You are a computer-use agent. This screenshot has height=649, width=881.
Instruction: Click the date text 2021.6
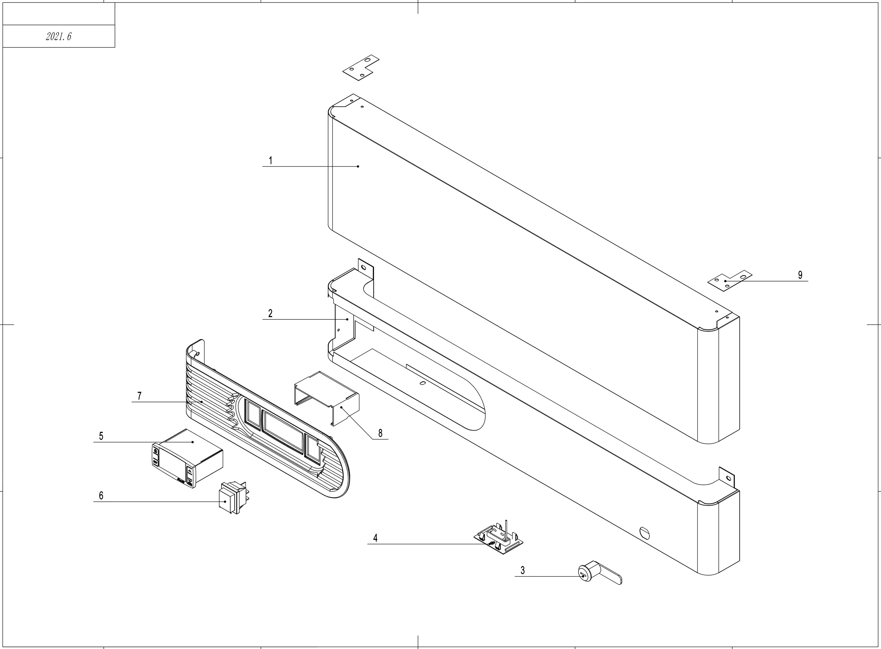click(58, 37)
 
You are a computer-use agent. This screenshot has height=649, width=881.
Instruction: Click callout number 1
click(270, 160)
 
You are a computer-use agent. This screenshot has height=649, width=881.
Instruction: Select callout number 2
click(270, 313)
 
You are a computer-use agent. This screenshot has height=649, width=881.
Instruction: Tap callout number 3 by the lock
click(522, 570)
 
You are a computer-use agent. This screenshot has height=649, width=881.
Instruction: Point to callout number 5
click(101, 436)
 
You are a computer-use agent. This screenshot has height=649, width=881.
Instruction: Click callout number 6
click(101, 496)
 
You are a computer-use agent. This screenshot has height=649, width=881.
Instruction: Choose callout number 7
click(139, 396)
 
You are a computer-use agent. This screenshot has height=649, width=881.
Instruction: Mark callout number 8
click(380, 433)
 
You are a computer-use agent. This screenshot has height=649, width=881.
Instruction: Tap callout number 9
click(800, 275)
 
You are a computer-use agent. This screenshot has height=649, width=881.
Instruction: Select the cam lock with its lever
click(599, 574)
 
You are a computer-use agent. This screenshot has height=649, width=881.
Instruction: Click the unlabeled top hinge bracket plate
click(360, 68)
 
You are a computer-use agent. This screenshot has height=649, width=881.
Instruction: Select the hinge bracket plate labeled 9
click(730, 280)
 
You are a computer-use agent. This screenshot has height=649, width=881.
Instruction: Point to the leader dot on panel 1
click(358, 167)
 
